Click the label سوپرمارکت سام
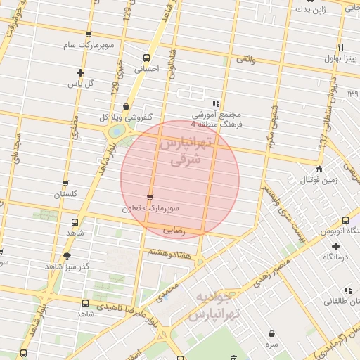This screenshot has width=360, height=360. [87, 46]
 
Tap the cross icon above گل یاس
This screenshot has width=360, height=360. [81, 72]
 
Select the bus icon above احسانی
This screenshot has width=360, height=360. [146, 58]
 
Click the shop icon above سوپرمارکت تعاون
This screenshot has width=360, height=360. [149, 198]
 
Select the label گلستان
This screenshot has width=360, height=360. [74, 194]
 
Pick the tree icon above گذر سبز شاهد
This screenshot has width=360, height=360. [67, 256]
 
